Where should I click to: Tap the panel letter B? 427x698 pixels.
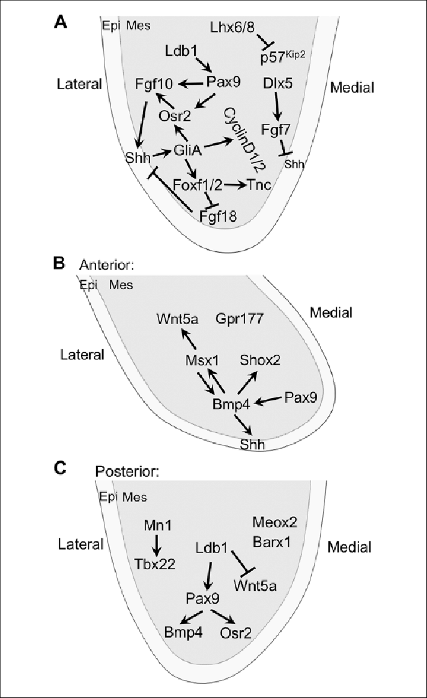[x=60, y=263]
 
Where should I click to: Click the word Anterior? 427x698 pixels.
[x=106, y=265]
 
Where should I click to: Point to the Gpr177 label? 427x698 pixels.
[x=239, y=319]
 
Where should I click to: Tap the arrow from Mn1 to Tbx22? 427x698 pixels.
[x=156, y=545]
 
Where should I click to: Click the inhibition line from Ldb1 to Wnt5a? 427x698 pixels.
[x=244, y=560]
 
